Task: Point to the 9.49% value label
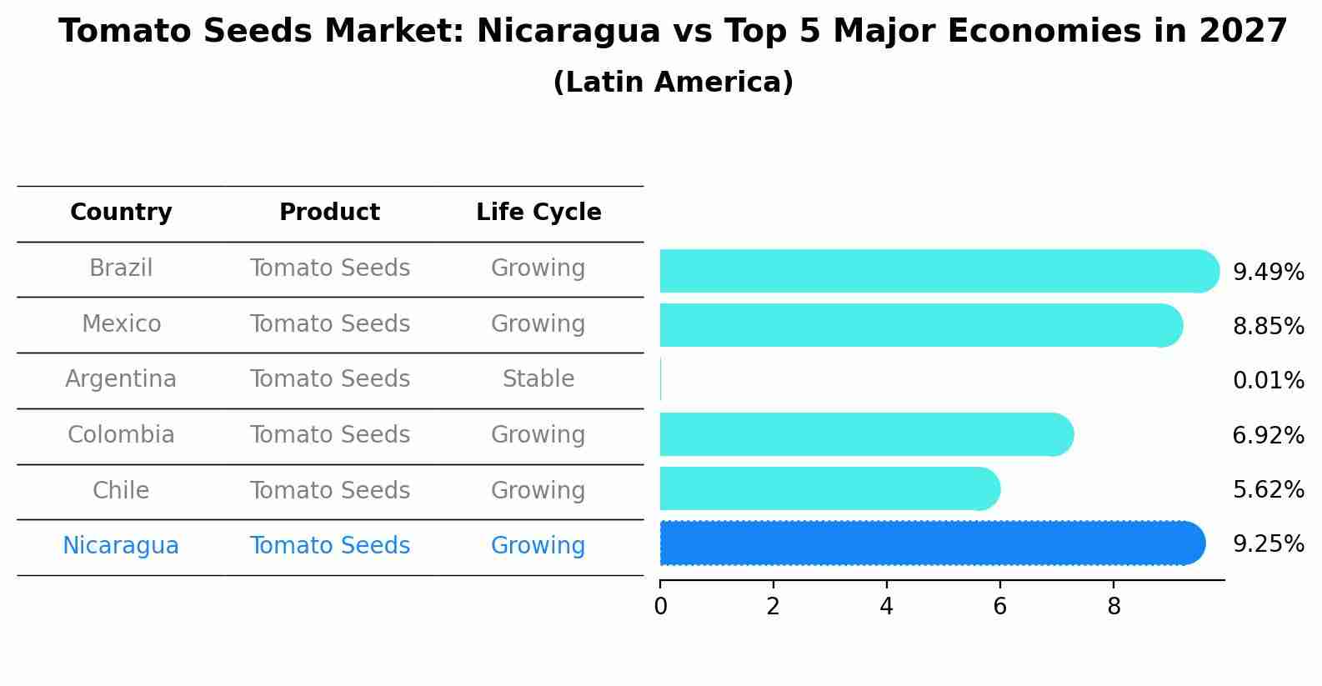1268,273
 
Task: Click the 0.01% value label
1268,381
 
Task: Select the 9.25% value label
1268,544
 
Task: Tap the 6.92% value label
1268,435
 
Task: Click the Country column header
121,213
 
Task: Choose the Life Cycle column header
538,213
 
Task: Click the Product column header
329,213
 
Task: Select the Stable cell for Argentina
538,379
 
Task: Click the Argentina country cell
121,379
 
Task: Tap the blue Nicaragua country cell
121,546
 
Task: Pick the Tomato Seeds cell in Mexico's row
329,323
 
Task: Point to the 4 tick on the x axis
886,606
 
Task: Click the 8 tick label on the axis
1114,606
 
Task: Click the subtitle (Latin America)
673,83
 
